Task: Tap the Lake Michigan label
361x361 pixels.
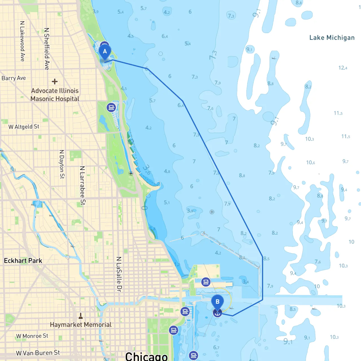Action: (x=332, y=38)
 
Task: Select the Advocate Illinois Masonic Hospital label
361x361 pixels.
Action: (x=55, y=95)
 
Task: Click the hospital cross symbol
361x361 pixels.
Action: (x=55, y=82)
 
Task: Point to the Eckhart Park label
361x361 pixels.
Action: (x=23, y=261)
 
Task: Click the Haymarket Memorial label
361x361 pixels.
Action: (x=81, y=325)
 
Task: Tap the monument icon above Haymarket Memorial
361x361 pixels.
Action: (x=81, y=315)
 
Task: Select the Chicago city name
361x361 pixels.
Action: (x=146, y=356)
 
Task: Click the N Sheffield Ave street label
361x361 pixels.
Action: (x=47, y=49)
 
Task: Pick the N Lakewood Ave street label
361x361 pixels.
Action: (x=22, y=41)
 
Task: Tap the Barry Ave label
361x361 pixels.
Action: (x=14, y=78)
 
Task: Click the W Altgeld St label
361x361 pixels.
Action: (x=24, y=127)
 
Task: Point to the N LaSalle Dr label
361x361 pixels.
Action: (x=119, y=274)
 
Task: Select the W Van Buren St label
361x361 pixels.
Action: (x=38, y=353)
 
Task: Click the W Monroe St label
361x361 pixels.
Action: (x=32, y=336)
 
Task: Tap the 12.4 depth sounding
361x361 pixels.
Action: (x=343, y=68)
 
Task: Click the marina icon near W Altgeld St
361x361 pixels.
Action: (x=111, y=107)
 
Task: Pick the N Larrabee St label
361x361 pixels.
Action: (x=82, y=185)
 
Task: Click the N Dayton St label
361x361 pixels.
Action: (x=62, y=164)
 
